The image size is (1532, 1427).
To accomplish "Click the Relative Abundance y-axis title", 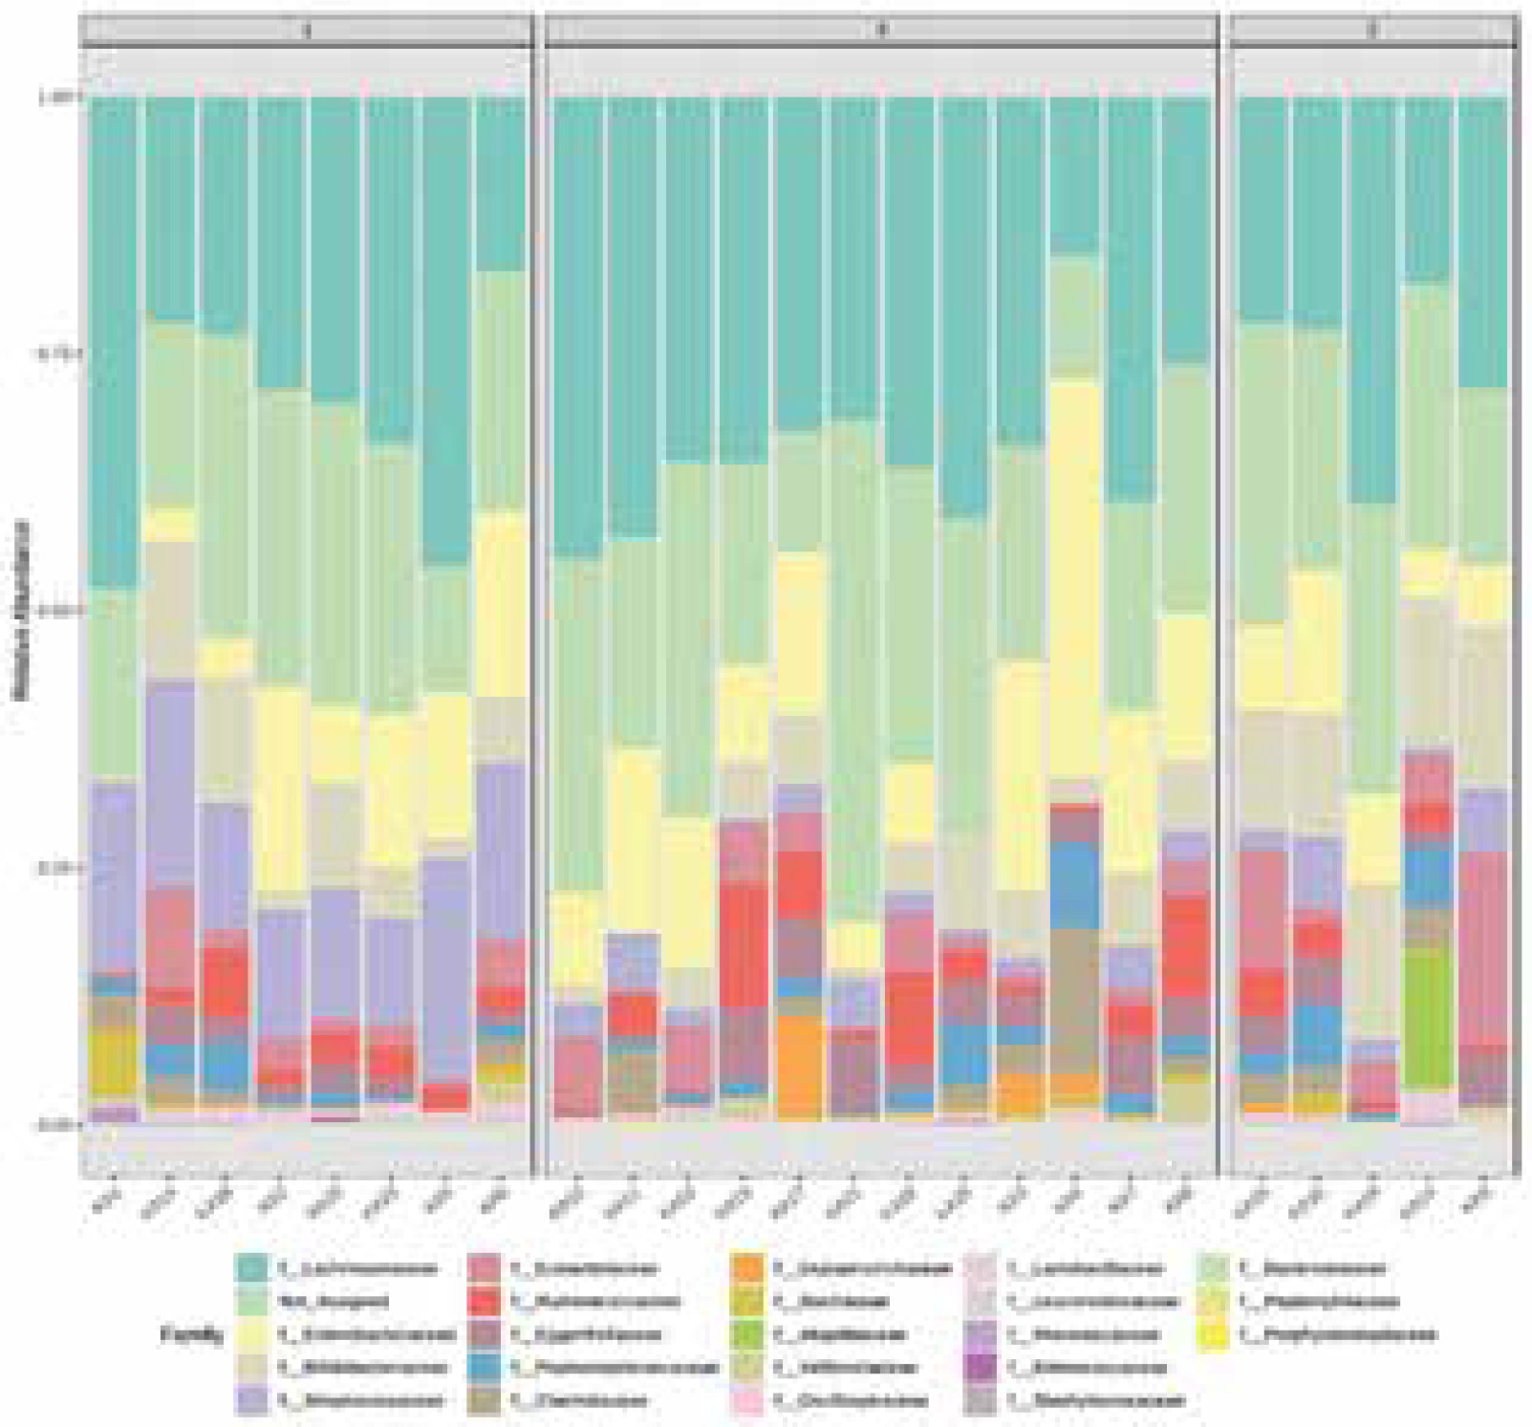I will (21, 611).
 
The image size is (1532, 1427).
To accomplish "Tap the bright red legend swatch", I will (487, 1301).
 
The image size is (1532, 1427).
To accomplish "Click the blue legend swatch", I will (487, 1367).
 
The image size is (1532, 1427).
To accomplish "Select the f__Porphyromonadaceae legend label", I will (1337, 1334).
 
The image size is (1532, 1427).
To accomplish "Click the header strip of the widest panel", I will (881, 30).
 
